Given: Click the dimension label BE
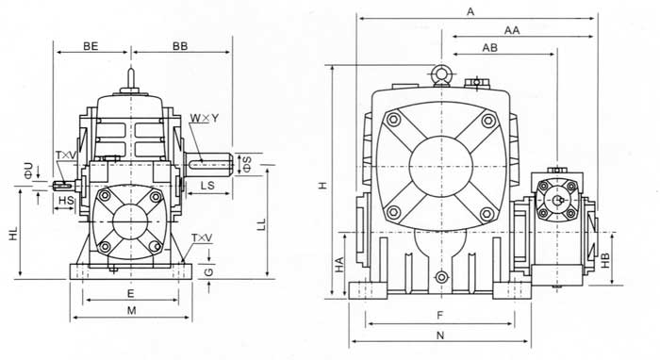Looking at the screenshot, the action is (x=91, y=46).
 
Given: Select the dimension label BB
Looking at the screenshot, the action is (x=180, y=46).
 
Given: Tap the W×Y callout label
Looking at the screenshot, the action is (x=205, y=118).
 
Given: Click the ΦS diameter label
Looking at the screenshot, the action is (x=247, y=164).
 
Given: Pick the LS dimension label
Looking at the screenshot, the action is (x=207, y=186).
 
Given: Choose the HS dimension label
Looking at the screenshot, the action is (x=66, y=201).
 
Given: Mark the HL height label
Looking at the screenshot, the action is (x=14, y=234).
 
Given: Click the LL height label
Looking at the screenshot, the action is (x=261, y=224).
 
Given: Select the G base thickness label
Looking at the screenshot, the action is (x=208, y=271).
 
